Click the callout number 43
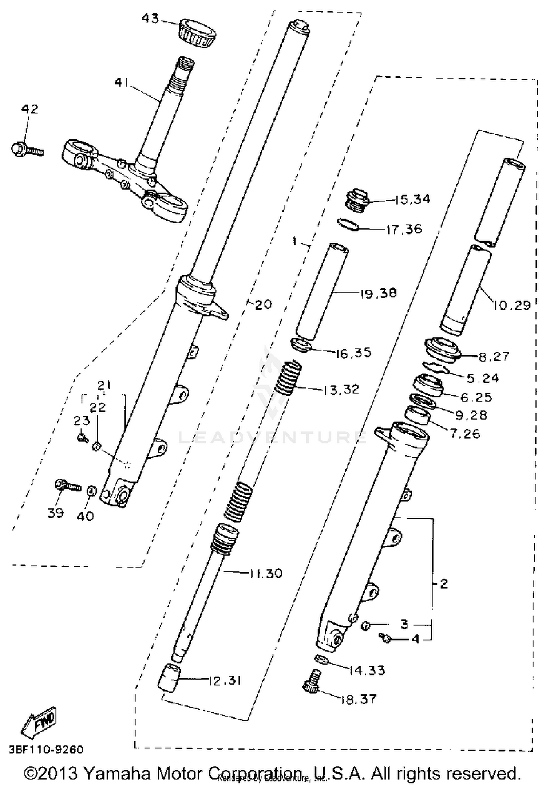click(x=150, y=19)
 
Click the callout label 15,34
click(x=412, y=199)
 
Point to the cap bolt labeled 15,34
click(x=356, y=200)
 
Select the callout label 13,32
click(x=341, y=389)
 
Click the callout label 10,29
click(x=511, y=305)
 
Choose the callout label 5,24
click(x=483, y=378)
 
